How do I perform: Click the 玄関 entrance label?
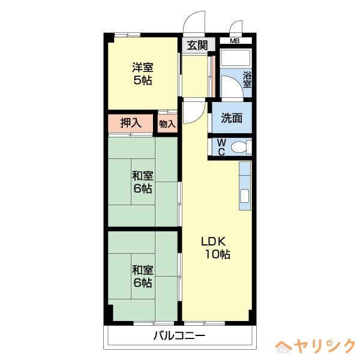pos(197,45)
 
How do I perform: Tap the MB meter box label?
pos(235,41)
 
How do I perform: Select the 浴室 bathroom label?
pos(247,80)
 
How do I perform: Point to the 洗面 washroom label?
pos(232,118)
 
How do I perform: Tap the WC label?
pos(221,147)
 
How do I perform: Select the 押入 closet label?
pos(131,124)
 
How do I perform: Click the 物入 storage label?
pos(167,124)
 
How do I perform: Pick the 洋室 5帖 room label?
pos(142,74)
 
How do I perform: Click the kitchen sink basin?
pos(245,196)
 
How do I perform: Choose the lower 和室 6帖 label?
pos(142,276)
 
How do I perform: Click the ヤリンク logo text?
pos(324,347)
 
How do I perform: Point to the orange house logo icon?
pos(283,347)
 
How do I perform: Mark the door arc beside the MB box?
pos(235,27)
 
